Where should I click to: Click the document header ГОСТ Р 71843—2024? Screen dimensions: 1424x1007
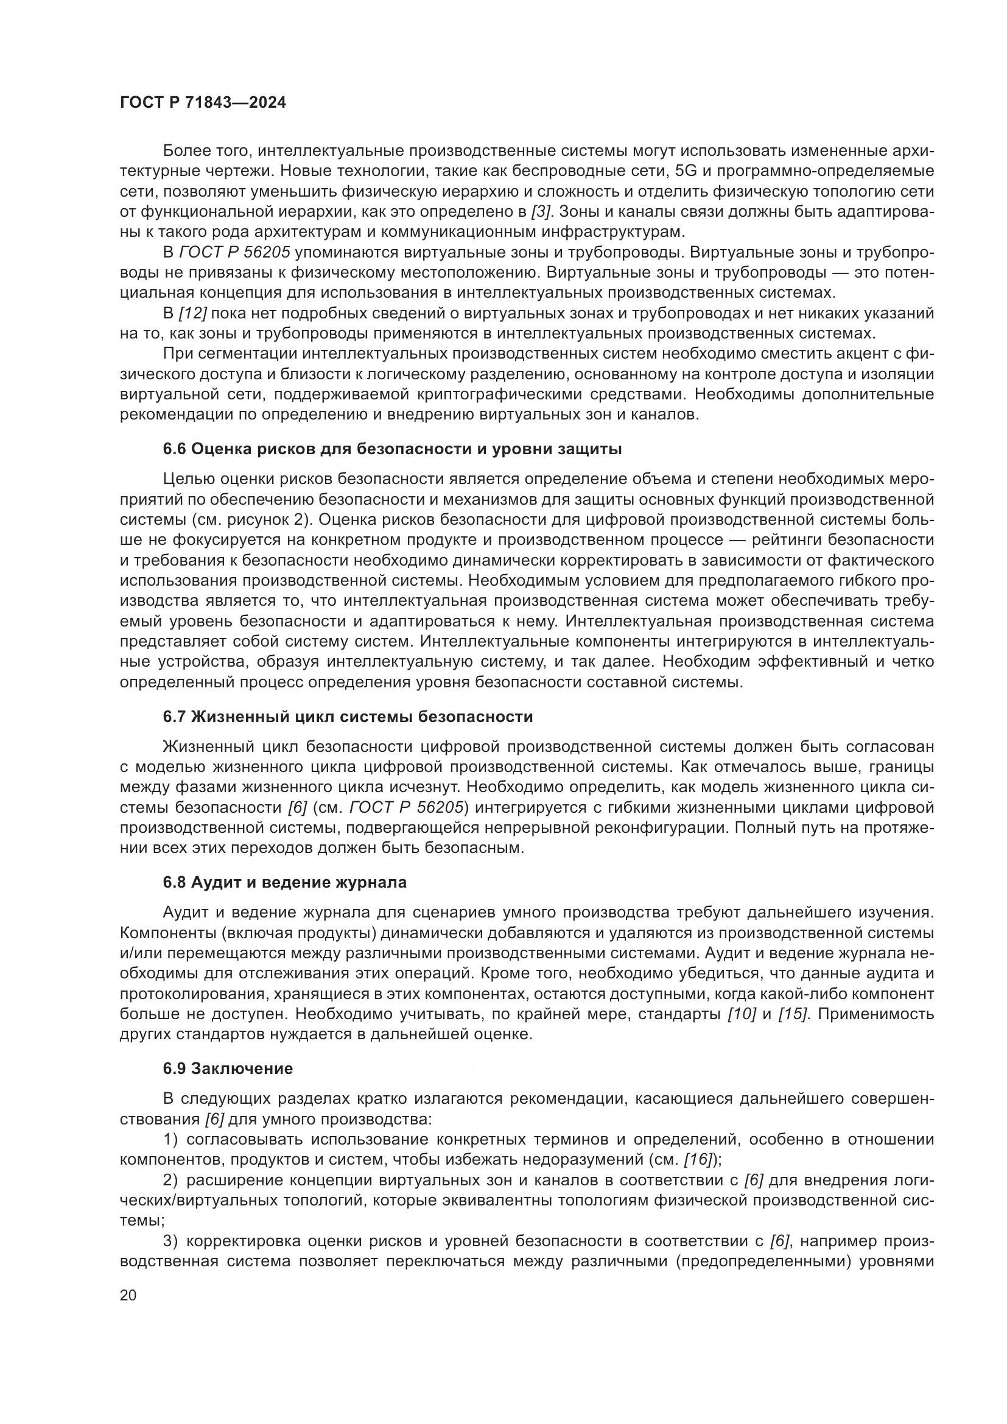(x=203, y=103)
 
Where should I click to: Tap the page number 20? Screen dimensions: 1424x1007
(x=128, y=1294)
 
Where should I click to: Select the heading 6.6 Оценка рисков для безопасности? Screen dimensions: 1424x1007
(x=392, y=449)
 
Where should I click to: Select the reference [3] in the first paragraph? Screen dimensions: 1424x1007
(x=541, y=211)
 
